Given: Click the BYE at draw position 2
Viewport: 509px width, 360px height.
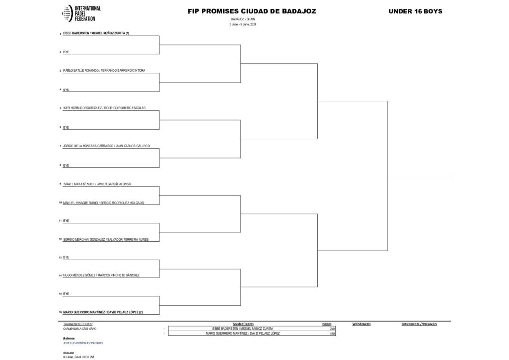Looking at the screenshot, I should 66,52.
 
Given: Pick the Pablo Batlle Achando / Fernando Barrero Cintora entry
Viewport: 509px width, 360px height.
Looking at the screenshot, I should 104,71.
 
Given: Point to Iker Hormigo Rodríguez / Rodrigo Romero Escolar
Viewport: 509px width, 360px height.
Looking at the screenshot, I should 104,108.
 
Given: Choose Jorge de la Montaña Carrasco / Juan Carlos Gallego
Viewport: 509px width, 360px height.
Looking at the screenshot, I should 106,146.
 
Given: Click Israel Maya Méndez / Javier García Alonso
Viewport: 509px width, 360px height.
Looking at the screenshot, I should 97,184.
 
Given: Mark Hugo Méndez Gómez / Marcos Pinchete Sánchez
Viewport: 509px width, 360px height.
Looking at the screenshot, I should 101,275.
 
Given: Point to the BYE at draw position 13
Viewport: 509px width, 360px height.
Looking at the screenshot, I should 66,257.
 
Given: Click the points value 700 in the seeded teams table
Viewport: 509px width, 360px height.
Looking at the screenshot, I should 331,329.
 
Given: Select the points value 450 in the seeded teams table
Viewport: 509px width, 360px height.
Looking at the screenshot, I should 331,333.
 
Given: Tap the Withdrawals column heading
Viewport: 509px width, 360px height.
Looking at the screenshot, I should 361,324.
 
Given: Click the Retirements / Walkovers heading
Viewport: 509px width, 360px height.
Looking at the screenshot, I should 419,324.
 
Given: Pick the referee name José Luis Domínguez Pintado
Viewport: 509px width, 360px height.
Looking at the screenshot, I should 84,343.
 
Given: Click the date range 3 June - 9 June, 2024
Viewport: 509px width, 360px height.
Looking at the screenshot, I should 243,24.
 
